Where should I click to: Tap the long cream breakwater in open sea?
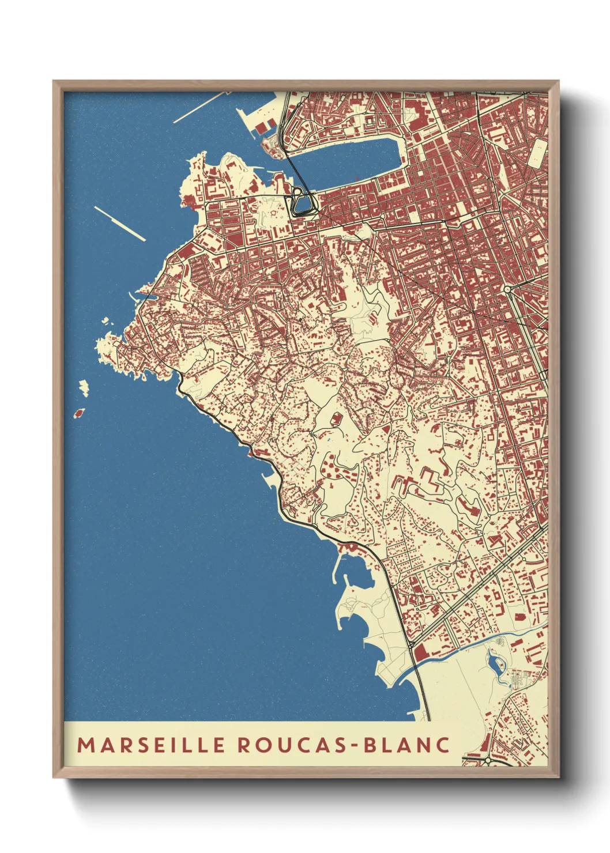[x=120, y=224]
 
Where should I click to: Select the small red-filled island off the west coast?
[x=79, y=413]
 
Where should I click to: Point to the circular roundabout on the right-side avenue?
[x=507, y=289]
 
